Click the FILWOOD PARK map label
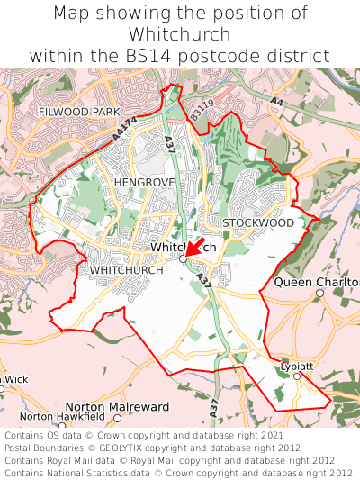tap(79, 112)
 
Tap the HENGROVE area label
tap(143, 182)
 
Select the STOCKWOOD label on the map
tap(258, 222)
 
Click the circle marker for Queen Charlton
tap(319, 293)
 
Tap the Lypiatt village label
tap(297, 367)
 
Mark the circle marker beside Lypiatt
tap(297, 376)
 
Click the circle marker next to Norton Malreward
tap(117, 418)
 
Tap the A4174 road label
tap(125, 129)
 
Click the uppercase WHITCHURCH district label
tap(127, 270)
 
